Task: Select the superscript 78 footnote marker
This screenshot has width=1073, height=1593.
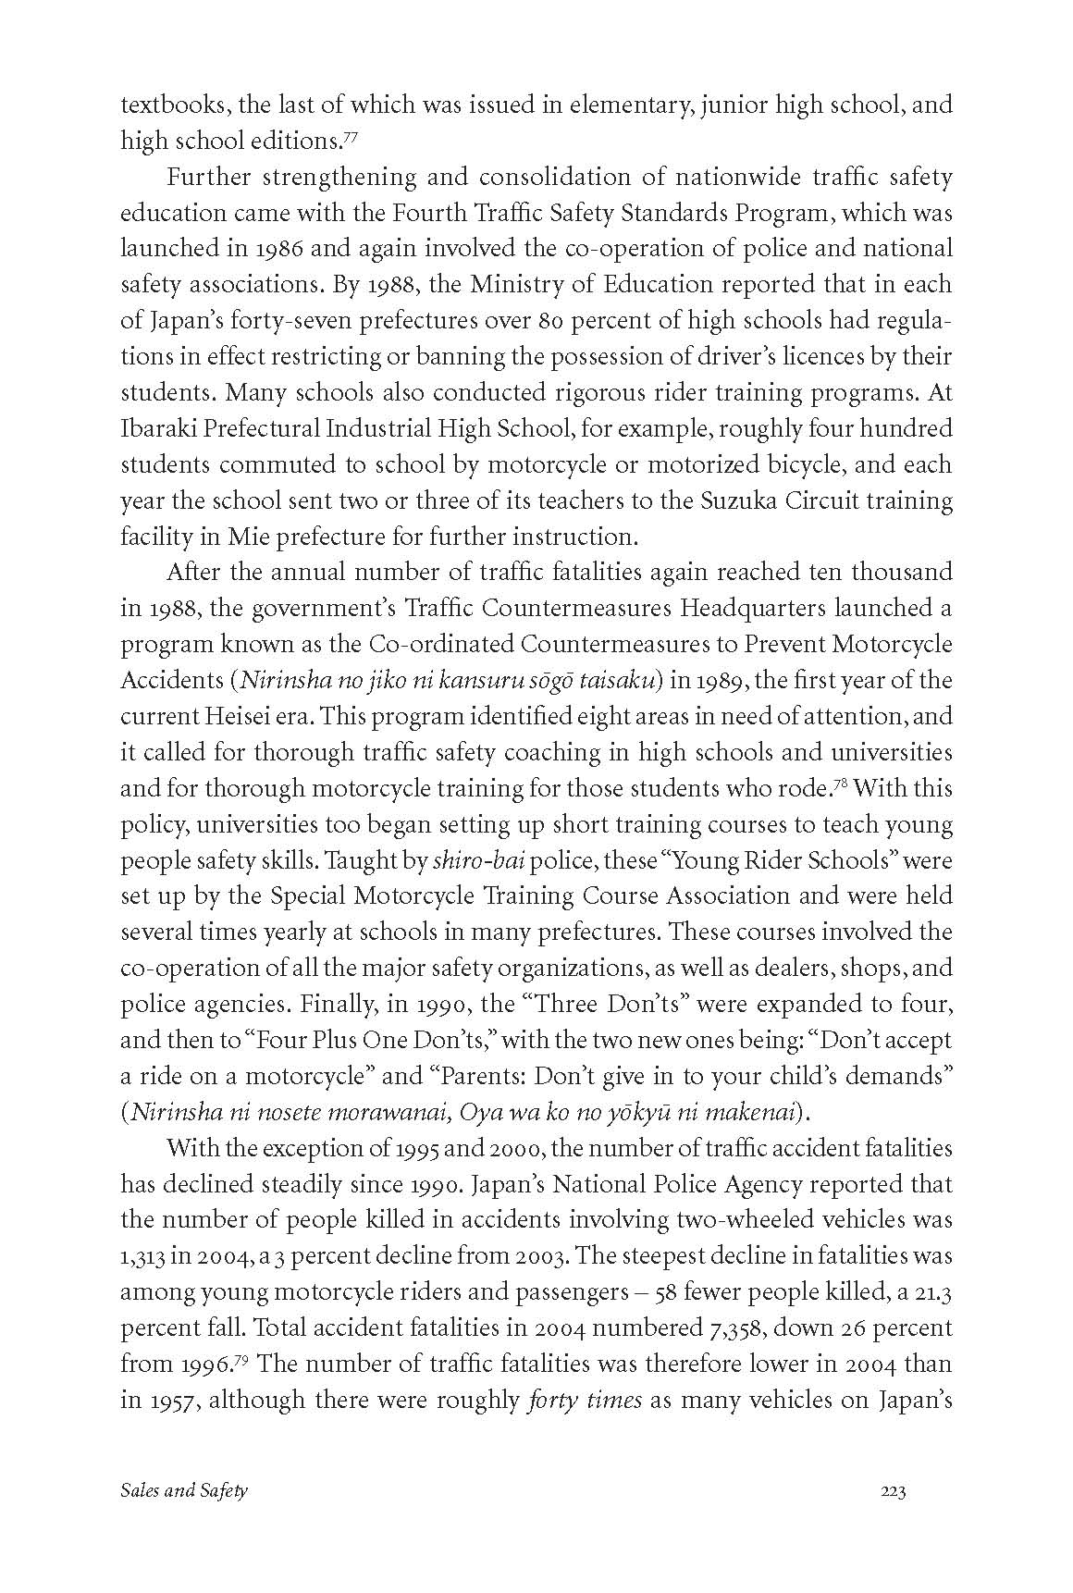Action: pos(840,784)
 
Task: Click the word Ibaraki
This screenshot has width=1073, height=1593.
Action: pos(154,428)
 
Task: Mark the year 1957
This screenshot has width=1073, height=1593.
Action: pos(167,1401)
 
